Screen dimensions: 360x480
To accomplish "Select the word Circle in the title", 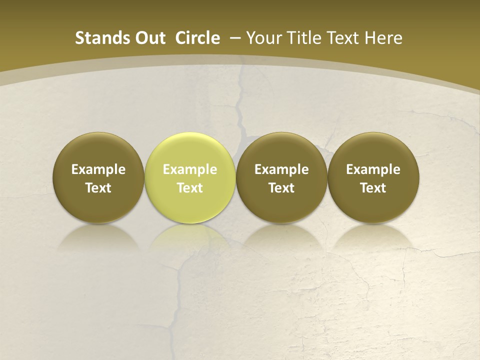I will pos(197,38).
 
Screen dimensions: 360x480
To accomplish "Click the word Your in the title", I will pos(262,38).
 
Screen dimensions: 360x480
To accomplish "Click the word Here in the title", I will pos(384,38).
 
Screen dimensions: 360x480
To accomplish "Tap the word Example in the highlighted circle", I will pos(190,169).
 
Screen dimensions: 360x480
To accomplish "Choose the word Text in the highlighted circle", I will pos(190,188).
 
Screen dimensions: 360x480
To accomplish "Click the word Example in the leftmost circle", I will pos(98,169).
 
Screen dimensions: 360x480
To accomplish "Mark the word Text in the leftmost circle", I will pos(98,188).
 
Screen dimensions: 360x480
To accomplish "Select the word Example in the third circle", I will pos(281,169).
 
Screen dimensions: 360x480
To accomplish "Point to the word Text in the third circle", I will pos(281,188).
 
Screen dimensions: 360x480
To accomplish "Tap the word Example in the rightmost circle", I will pos(373,169).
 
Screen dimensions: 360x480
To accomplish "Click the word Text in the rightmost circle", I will pos(373,188).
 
